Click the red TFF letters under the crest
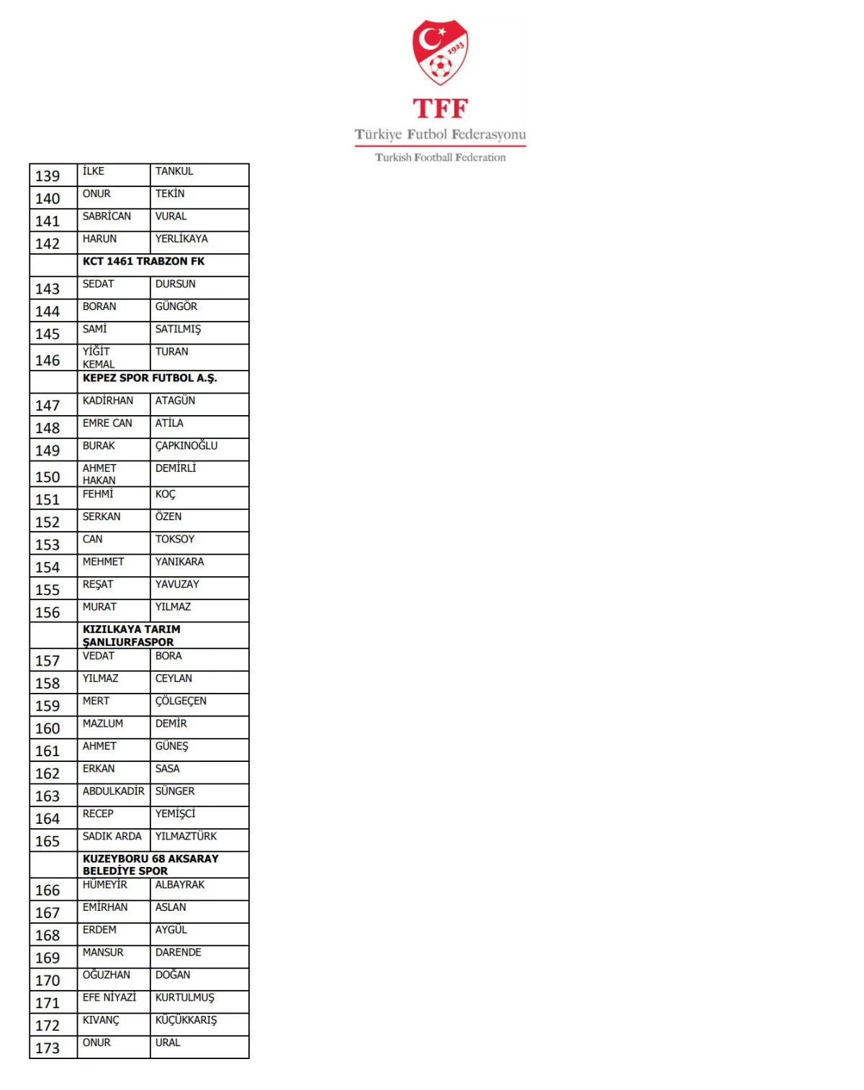tap(440, 109)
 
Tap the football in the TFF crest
tap(440, 67)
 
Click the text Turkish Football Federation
tap(440, 158)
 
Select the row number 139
tap(48, 176)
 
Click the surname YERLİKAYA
tap(181, 239)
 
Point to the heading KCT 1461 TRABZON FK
tap(143, 261)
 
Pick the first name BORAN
tap(99, 306)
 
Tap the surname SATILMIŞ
tap(178, 330)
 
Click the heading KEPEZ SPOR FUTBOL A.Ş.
tap(150, 378)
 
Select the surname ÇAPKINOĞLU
tap(186, 446)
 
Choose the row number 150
tap(48, 477)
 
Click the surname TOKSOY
tap(175, 540)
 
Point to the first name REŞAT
tap(98, 584)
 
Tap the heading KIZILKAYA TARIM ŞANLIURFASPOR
tap(131, 635)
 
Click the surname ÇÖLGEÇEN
tap(181, 701)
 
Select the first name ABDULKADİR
tap(113, 791)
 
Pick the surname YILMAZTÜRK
tap(186, 836)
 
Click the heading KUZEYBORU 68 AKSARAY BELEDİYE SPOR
tap(150, 864)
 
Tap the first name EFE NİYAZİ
tap(109, 997)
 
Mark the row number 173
tap(48, 1048)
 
